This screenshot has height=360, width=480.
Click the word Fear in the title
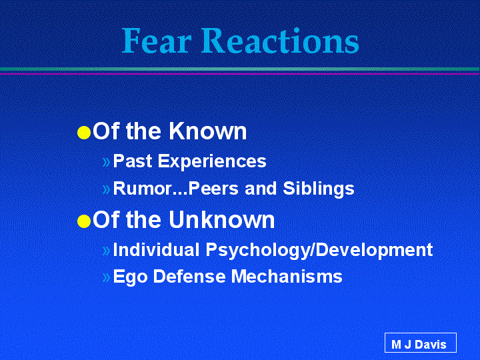(157, 41)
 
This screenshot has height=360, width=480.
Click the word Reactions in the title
(280, 41)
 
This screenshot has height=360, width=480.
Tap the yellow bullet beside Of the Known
(84, 133)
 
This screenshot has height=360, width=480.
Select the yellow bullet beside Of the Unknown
(84, 221)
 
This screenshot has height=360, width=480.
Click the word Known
(207, 131)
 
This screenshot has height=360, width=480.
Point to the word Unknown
(221, 219)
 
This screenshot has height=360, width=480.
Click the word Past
(133, 161)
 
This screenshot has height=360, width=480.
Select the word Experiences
(212, 161)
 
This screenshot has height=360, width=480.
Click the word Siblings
(319, 189)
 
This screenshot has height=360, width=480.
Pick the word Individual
(156, 249)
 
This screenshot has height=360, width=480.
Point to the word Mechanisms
(287, 276)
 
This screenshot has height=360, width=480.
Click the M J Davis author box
(420, 343)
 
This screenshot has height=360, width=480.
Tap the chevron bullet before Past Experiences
(106, 162)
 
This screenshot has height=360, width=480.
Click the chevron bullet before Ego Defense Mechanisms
(106, 277)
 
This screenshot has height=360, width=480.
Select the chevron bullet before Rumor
(106, 189)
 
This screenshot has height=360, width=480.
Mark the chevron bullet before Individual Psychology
(106, 251)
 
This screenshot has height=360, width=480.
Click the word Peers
(213, 188)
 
